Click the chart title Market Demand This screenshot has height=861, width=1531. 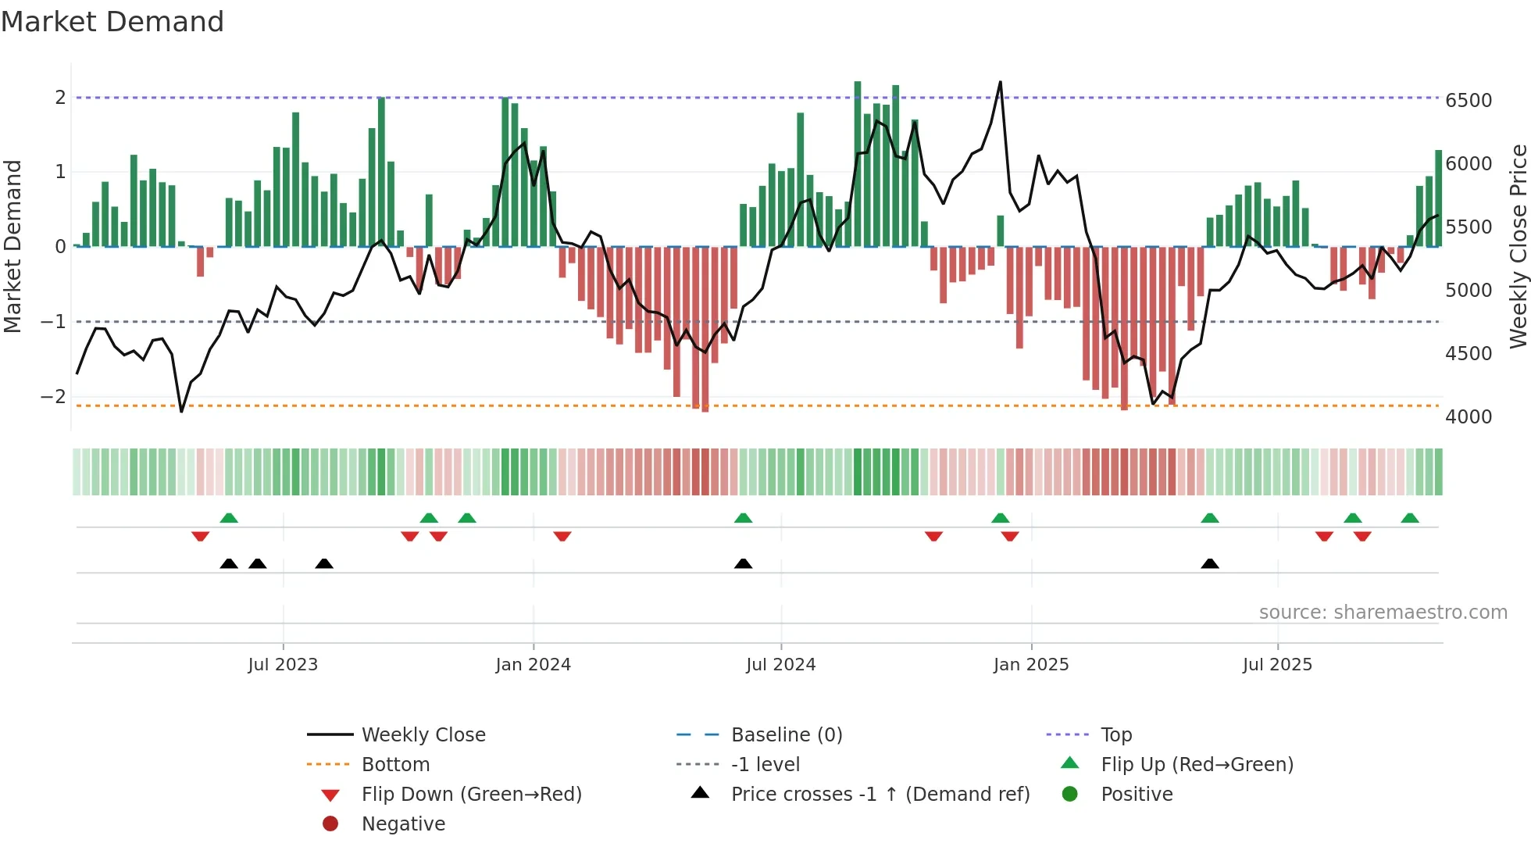pyautogui.click(x=112, y=22)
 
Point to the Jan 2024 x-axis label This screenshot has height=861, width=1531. pyautogui.click(x=533, y=664)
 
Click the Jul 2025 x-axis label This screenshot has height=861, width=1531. pyautogui.click(x=1277, y=664)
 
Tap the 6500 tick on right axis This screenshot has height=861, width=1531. pyautogui.click(x=1468, y=100)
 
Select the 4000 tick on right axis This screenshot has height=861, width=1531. pyautogui.click(x=1468, y=416)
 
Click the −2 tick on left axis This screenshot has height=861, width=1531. pyautogui.click(x=53, y=396)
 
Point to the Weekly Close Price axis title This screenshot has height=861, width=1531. pyautogui.click(x=1518, y=246)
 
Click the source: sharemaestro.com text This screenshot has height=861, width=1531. pyautogui.click(x=1383, y=612)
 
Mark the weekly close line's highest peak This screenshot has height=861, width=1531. pyautogui.click(x=1000, y=82)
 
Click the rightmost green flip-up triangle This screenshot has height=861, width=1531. pyautogui.click(x=1410, y=518)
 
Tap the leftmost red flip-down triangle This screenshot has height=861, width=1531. pyautogui.click(x=200, y=536)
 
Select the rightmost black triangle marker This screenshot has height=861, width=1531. pyautogui.click(x=1209, y=563)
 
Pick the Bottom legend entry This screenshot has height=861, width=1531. pyautogui.click(x=395, y=764)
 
